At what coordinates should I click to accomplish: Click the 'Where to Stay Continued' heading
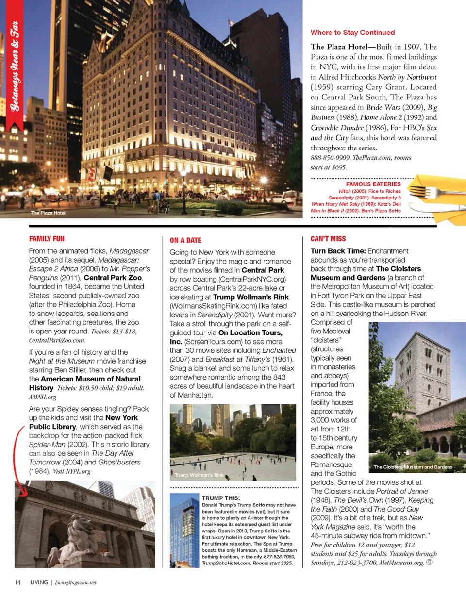[x=352, y=33]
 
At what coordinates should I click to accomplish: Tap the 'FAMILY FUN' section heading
[x=47, y=239]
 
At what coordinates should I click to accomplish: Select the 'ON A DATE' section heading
[x=185, y=240]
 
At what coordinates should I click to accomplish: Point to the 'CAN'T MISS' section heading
[x=328, y=239]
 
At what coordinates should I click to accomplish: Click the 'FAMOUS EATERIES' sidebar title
[x=373, y=184]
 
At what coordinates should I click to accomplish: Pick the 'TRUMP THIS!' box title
[x=220, y=498]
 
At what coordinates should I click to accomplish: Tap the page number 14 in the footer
[x=17, y=582]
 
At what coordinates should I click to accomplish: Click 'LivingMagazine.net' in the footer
[x=76, y=582]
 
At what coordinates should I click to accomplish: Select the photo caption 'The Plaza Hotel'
[x=48, y=213]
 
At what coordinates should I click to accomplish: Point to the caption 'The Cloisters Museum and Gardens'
[x=413, y=467]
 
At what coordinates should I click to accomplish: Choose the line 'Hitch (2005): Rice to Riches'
[x=369, y=192]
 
